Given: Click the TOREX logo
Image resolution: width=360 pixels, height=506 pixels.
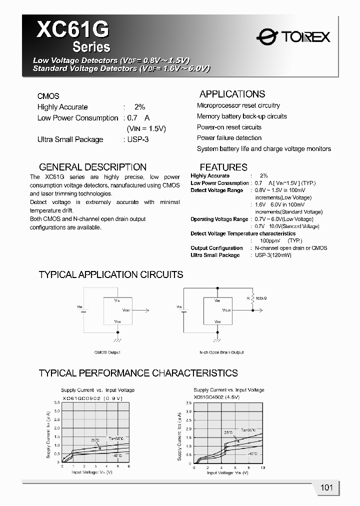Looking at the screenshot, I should [x=293, y=35].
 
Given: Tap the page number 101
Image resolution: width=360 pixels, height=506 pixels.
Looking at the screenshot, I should [x=326, y=488].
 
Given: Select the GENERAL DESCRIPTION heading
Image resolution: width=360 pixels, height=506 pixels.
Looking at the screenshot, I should [x=92, y=167].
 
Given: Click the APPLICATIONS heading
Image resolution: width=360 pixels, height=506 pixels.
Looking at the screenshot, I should [x=232, y=94].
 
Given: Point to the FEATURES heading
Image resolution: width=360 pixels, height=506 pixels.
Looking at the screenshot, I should [x=223, y=167].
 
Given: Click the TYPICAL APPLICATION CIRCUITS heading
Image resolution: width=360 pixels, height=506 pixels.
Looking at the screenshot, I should [x=111, y=274].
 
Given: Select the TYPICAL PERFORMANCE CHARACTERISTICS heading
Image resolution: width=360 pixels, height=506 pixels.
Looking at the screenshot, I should [x=138, y=373].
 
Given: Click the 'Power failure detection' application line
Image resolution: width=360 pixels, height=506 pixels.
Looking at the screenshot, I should [x=229, y=138].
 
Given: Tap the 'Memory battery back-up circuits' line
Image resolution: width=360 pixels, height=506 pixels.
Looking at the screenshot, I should [x=241, y=116].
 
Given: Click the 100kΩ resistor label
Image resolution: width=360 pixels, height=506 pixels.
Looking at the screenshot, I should [x=261, y=298].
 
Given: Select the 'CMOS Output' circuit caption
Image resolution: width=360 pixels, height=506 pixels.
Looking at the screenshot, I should [x=107, y=352].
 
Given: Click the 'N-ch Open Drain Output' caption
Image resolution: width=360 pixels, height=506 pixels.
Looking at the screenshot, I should [x=221, y=352].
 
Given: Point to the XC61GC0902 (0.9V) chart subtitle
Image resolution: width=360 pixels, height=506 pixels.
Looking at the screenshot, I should [x=92, y=398].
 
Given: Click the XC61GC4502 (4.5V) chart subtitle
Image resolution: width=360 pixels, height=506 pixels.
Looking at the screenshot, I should [x=216, y=396].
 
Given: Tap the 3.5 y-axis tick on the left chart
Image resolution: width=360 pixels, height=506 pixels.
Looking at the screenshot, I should [x=57, y=402].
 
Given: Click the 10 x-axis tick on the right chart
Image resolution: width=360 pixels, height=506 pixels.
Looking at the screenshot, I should [x=263, y=467].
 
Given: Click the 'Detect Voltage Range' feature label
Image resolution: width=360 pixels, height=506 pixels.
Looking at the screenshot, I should [x=216, y=190].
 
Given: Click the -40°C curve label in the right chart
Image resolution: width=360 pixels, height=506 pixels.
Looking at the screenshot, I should [x=252, y=453].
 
